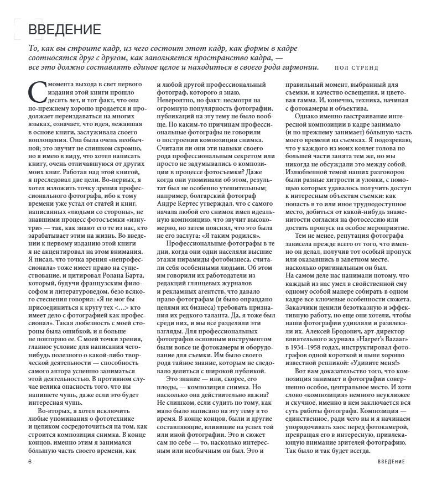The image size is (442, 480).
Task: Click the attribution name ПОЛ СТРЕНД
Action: pyautogui.click(x=356, y=68)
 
